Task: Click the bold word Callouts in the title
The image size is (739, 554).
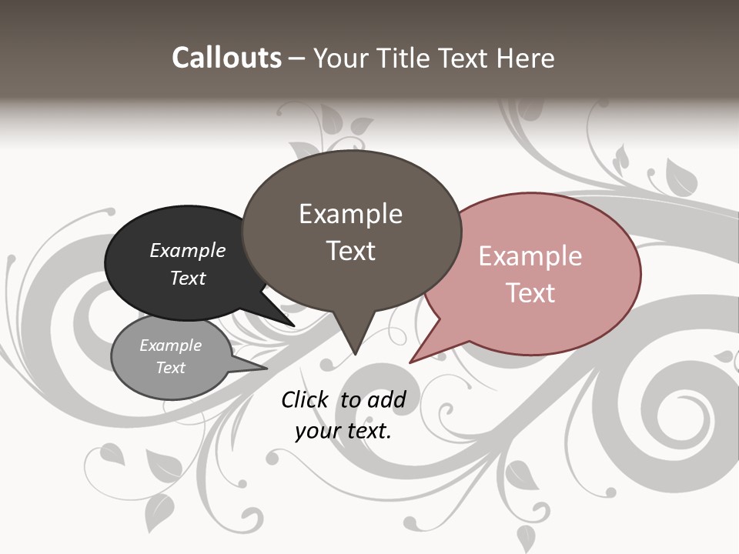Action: point(226,58)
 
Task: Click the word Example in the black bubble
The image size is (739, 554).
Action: point(188,251)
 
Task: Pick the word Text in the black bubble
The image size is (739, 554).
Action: point(188,278)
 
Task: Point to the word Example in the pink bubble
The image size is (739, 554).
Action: point(530,256)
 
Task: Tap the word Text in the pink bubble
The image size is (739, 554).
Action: point(530,293)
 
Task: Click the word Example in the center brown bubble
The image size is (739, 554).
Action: point(350,214)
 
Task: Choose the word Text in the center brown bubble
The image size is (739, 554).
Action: point(350,251)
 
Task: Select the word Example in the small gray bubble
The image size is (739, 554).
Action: point(171,345)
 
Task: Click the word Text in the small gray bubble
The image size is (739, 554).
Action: point(171,368)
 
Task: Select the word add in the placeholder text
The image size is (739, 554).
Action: point(386,399)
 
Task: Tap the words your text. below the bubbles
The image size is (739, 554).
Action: point(343,430)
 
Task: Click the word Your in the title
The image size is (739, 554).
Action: point(342,58)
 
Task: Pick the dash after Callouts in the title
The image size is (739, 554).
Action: point(297,58)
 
